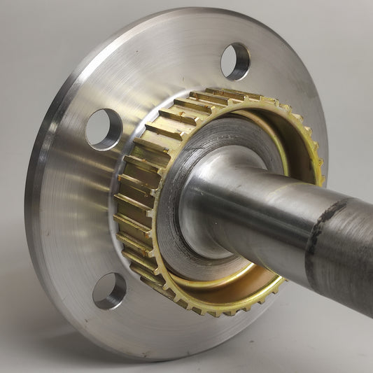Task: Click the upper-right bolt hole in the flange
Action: tap(235, 62)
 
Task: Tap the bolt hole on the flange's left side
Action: tap(104, 129)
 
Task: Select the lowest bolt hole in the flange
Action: tap(109, 290)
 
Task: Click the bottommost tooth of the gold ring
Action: tap(210, 308)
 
